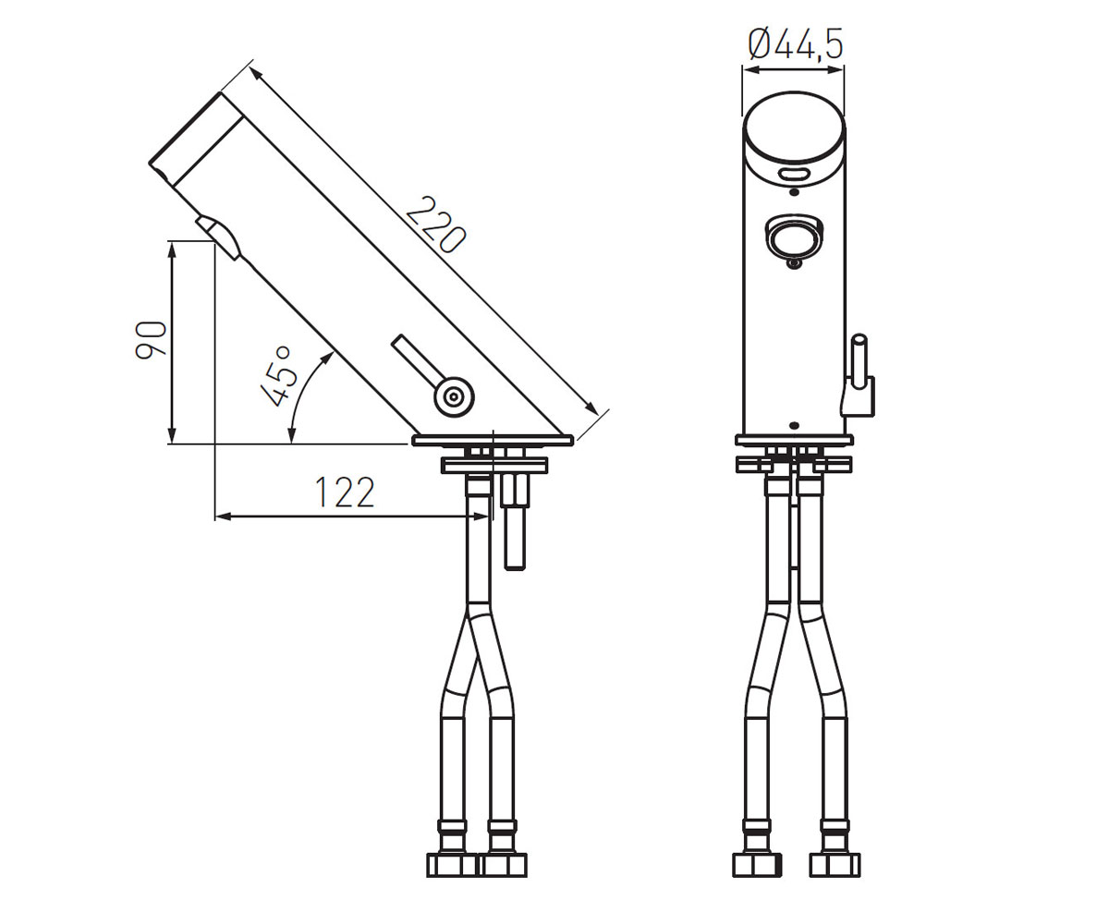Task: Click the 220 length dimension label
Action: (435, 225)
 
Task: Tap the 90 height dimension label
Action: (151, 340)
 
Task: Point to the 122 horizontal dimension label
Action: (345, 492)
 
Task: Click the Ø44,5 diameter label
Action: (795, 44)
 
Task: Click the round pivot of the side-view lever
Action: (454, 396)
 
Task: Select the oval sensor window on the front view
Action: (794, 174)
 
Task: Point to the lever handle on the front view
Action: (859, 375)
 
